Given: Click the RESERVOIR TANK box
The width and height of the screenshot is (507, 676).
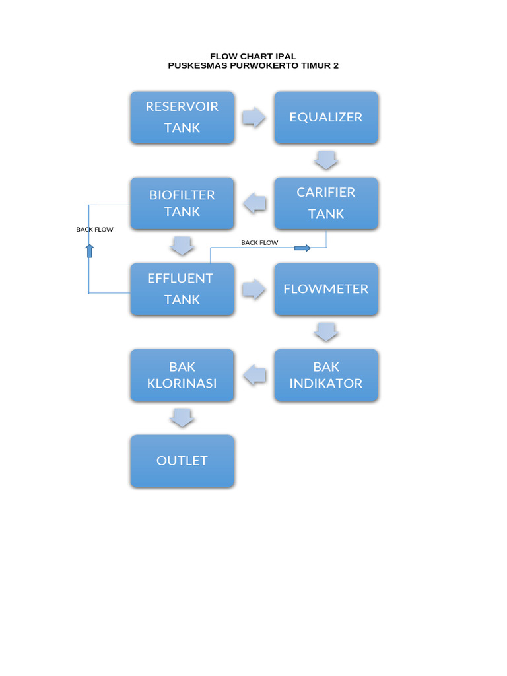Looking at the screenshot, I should pyautogui.click(x=182, y=118).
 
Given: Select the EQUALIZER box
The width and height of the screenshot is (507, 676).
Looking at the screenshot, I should pyautogui.click(x=326, y=118).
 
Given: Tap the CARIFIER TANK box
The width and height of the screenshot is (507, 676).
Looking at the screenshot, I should pyautogui.click(x=326, y=203).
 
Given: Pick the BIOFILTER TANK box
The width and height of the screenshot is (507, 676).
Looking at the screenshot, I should pyautogui.click(x=182, y=203).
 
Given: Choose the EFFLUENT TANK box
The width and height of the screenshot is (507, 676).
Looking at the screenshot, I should pyautogui.click(x=182, y=289).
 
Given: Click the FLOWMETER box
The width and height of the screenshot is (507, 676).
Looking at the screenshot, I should pyautogui.click(x=326, y=289).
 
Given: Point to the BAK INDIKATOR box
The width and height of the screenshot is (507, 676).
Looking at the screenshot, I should pyautogui.click(x=326, y=375).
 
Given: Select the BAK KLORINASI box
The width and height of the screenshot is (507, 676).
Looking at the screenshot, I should pyautogui.click(x=182, y=375).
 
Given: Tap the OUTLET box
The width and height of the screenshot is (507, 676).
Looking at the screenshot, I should pyautogui.click(x=182, y=461).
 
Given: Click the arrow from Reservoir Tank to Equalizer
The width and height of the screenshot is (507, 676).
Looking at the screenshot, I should pyautogui.click(x=254, y=118).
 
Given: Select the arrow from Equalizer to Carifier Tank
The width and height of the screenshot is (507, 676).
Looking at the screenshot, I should pyautogui.click(x=326, y=160).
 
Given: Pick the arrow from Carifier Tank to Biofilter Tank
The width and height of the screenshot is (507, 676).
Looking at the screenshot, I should pyautogui.click(x=255, y=203).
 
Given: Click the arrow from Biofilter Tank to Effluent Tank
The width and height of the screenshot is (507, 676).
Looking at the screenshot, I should pyautogui.click(x=182, y=246).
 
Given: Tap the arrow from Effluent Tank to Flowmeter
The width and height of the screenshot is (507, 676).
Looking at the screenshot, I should pyautogui.click(x=254, y=289).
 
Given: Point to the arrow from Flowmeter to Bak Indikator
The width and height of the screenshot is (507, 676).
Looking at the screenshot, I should pyautogui.click(x=326, y=331).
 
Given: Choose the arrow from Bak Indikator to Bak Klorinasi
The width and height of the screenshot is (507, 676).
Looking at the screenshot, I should pyautogui.click(x=255, y=375).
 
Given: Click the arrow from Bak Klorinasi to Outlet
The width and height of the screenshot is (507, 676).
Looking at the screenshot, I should pyautogui.click(x=182, y=417).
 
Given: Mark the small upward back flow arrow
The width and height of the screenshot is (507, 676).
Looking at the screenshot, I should pyautogui.click(x=90, y=250).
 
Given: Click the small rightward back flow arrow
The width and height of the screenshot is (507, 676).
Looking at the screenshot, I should pyautogui.click(x=302, y=248).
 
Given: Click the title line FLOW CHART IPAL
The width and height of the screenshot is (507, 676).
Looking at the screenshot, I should pyautogui.click(x=253, y=57).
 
